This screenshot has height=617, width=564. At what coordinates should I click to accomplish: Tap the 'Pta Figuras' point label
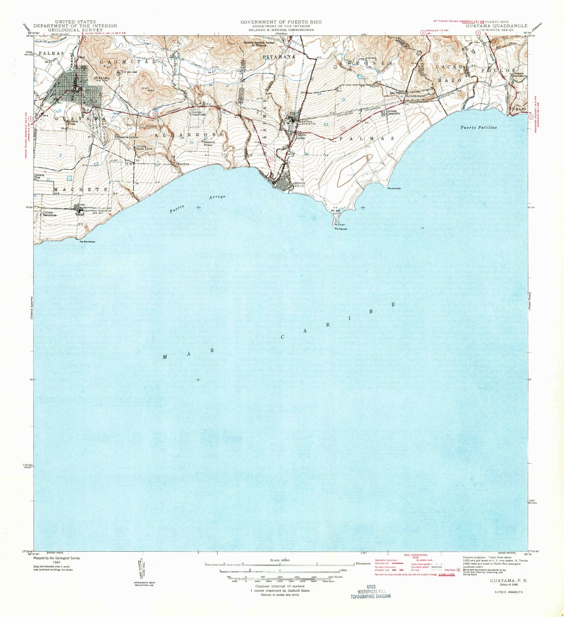point(340,229)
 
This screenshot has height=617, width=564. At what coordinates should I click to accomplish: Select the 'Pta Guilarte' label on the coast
point(394,188)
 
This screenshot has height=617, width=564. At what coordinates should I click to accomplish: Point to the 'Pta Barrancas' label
point(87,242)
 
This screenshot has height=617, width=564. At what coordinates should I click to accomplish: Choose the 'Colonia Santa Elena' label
point(144,148)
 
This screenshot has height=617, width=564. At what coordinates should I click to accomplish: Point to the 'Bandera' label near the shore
point(183,164)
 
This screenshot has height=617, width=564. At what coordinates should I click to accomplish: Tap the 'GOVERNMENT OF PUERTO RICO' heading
point(281,22)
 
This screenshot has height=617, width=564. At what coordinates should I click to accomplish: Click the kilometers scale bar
point(279,564)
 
